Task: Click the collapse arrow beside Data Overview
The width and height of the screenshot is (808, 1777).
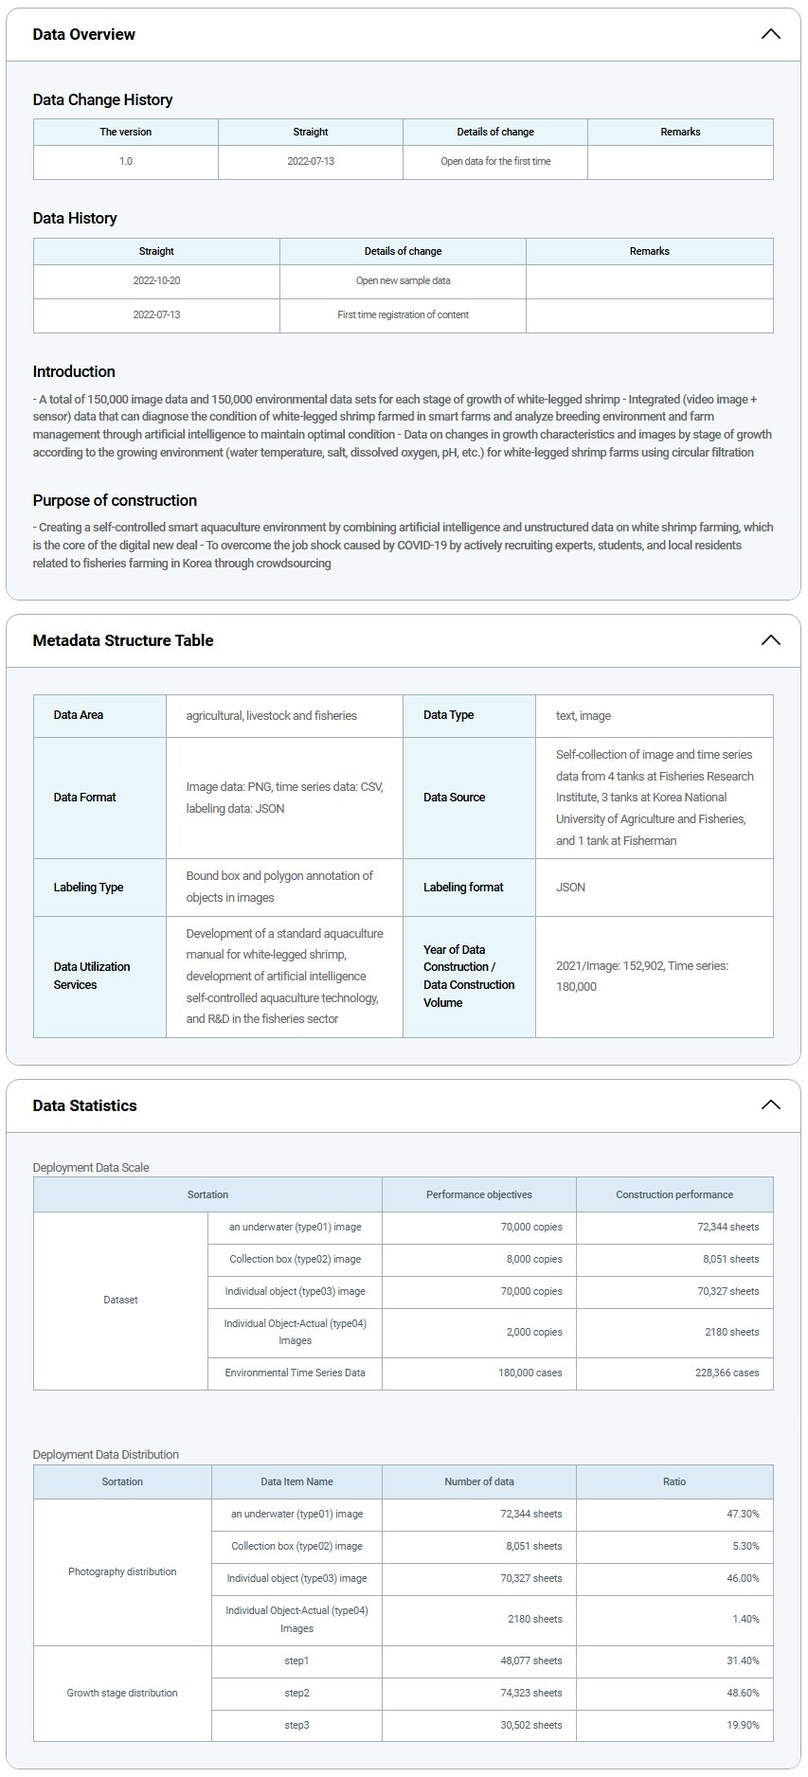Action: tap(770, 34)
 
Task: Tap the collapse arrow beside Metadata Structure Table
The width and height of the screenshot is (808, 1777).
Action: tap(770, 640)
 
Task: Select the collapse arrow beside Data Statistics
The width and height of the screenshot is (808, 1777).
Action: tap(770, 1105)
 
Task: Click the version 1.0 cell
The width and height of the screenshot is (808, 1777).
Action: tap(126, 162)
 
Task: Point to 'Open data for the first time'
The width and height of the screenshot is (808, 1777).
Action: tap(495, 162)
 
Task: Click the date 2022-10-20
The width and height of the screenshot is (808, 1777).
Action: tap(156, 281)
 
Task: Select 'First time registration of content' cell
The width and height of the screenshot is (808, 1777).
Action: tap(403, 315)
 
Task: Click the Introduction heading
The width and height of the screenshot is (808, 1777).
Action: tap(74, 371)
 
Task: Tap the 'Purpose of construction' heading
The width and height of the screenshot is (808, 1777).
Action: tap(115, 500)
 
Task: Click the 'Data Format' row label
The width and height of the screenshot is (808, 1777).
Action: tap(85, 798)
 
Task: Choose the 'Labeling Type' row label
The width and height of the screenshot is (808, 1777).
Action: tap(89, 888)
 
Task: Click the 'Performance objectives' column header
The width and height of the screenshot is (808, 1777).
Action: tap(479, 1194)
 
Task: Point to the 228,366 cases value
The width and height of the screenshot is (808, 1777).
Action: tap(727, 1373)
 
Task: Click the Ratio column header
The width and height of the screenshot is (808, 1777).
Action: tap(674, 1481)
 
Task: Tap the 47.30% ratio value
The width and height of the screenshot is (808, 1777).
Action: tap(743, 1514)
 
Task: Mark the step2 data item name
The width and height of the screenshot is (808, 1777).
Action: tap(296, 1693)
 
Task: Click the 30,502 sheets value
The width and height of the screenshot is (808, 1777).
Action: tap(531, 1725)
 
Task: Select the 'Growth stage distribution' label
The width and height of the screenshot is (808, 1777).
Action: tap(122, 1693)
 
